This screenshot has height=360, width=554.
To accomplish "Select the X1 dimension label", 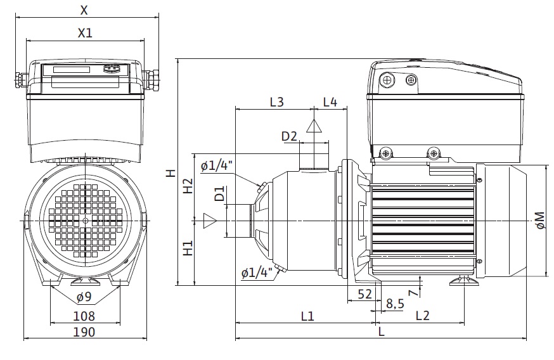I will pos(85,33).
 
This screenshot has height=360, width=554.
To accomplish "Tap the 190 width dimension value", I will pos(84,332).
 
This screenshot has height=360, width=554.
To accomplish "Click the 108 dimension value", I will pos(84,315).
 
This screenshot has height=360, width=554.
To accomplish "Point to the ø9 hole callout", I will pos(84,297).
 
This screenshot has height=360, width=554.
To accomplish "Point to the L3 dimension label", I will pos(276,101).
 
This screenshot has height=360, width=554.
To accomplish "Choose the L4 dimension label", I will pos(330,101).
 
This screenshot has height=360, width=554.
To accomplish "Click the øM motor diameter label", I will pos(540,220).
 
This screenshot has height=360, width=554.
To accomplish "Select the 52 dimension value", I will pos(364,293).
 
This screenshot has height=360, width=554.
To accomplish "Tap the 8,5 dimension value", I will pos(394,304).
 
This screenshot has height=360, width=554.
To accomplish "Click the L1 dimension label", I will pos(307,315).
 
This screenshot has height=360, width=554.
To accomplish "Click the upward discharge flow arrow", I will pos(314,125).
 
